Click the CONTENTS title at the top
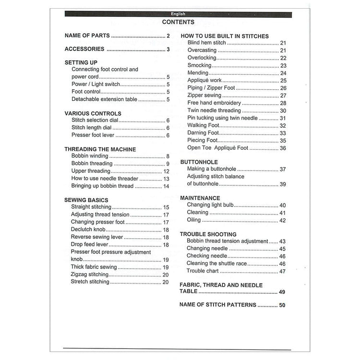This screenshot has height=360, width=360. coord(178,22)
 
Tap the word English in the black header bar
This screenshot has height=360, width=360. coord(178,14)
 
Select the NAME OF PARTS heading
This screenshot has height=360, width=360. coord(87,36)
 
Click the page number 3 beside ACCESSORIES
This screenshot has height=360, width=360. coord(168,49)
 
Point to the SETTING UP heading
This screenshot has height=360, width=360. coord(81,62)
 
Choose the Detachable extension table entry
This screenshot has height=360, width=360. coord(104,99)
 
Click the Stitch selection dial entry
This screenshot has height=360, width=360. coord(95,120)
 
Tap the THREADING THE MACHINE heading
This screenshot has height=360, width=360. coord(100,149)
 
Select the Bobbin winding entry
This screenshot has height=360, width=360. coord(90,156)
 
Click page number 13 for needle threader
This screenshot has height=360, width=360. coord(166,179)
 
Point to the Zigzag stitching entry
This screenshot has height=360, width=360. coord(89,275)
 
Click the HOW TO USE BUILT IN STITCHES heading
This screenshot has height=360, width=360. coord(224,36)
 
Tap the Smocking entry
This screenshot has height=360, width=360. coord(199,65)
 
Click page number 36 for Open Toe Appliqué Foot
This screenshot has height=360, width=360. coord(283,148)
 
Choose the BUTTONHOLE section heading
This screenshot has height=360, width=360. coord(199,162)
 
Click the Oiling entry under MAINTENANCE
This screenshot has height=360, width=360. coord(193,220)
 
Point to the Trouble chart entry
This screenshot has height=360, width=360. coord(203,271)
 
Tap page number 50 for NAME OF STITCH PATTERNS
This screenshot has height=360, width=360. coord(282,305)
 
